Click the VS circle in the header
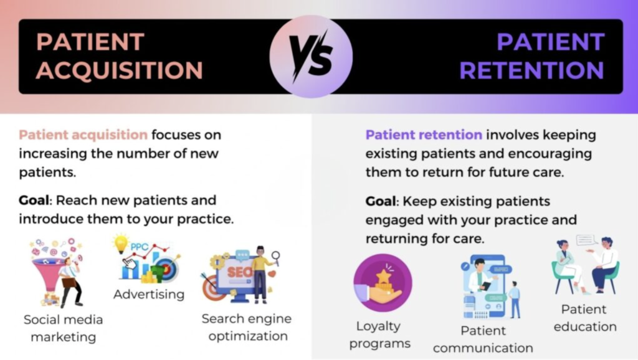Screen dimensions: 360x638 click(x=311, y=57)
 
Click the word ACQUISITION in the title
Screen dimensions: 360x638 click(x=119, y=70)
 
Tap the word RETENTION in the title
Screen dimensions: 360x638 click(x=531, y=70)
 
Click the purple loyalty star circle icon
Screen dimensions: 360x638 click(x=383, y=283)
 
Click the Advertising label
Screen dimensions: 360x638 click(x=149, y=294)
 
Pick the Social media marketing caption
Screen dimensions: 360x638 click(x=63, y=328)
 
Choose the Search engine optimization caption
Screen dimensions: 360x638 click(x=246, y=327)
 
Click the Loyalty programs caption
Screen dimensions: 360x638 click(x=379, y=334)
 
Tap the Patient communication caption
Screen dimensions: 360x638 click(x=483, y=339)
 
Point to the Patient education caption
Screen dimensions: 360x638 click(x=584, y=318)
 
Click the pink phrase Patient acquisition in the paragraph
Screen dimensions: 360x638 click(x=83, y=135)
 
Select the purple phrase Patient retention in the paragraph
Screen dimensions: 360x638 click(x=424, y=135)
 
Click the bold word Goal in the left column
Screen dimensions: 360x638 click(x=34, y=201)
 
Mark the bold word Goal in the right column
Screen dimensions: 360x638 click(x=381, y=201)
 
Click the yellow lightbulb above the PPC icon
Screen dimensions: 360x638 click(x=121, y=242)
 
